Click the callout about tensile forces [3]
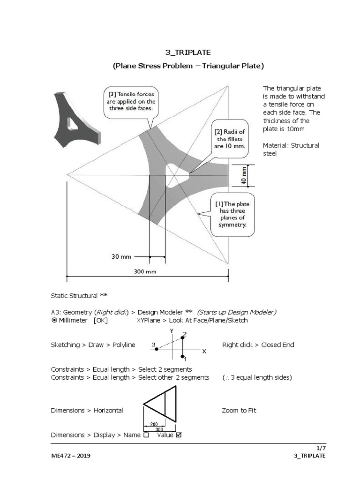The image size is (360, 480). (x=131, y=101)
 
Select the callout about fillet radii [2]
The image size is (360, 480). (x=230, y=139)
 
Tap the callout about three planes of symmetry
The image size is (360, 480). (x=232, y=214)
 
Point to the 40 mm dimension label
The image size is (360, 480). (x=244, y=175)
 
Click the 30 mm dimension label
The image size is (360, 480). (x=121, y=256)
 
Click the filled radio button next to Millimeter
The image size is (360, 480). (x=54, y=320)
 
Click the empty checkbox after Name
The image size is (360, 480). (x=146, y=435)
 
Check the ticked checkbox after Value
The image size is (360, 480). (x=178, y=435)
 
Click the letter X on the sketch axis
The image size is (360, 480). (x=204, y=351)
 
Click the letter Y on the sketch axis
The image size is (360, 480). (x=172, y=330)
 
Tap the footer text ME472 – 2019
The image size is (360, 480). (x=71, y=456)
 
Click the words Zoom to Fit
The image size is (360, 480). (x=239, y=410)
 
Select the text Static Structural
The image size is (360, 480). (x=75, y=296)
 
